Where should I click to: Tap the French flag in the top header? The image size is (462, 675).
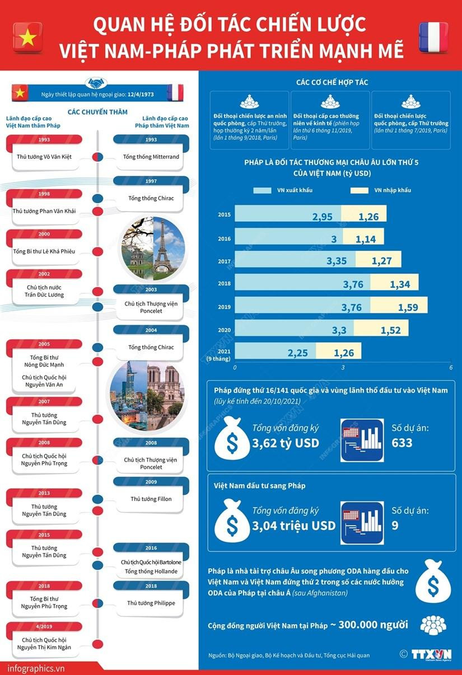tap(433, 37)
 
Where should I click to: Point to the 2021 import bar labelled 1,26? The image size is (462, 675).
tap(338, 352)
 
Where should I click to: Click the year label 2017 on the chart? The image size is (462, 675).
tap(224, 261)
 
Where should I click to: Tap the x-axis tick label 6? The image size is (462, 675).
tap(450, 368)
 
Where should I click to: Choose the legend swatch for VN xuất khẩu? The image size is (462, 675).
tap(261, 190)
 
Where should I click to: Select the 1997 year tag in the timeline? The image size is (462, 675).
tap(151, 181)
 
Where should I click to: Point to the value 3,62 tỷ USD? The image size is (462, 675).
tap(286, 443)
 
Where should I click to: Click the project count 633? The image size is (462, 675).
tap(402, 443)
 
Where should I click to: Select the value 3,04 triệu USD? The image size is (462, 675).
tap(293, 525)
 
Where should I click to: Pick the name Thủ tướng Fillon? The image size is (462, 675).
tap(151, 499)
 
